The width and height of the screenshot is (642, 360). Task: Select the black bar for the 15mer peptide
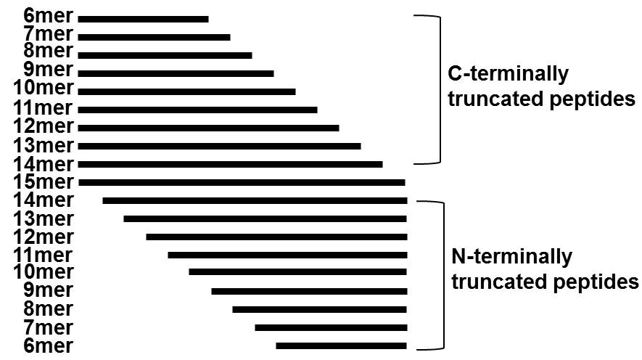pyautogui.click(x=242, y=182)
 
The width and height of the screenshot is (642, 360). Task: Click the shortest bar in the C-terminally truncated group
pyautogui.click(x=143, y=19)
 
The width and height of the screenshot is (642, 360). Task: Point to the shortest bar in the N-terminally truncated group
pyautogui.click(x=341, y=345)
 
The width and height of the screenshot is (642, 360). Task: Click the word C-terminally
pyautogui.click(x=508, y=75)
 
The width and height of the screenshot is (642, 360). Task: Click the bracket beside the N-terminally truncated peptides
pyautogui.click(x=438, y=274)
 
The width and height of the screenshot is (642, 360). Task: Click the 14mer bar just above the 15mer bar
pyautogui.click(x=230, y=164)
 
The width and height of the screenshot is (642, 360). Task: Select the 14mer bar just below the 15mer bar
pyautogui.click(x=255, y=200)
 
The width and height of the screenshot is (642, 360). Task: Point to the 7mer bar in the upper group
pyautogui.click(x=154, y=37)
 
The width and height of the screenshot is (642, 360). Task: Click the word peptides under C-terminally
pyautogui.click(x=590, y=99)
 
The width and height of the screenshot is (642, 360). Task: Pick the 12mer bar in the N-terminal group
pyautogui.click(x=276, y=237)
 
